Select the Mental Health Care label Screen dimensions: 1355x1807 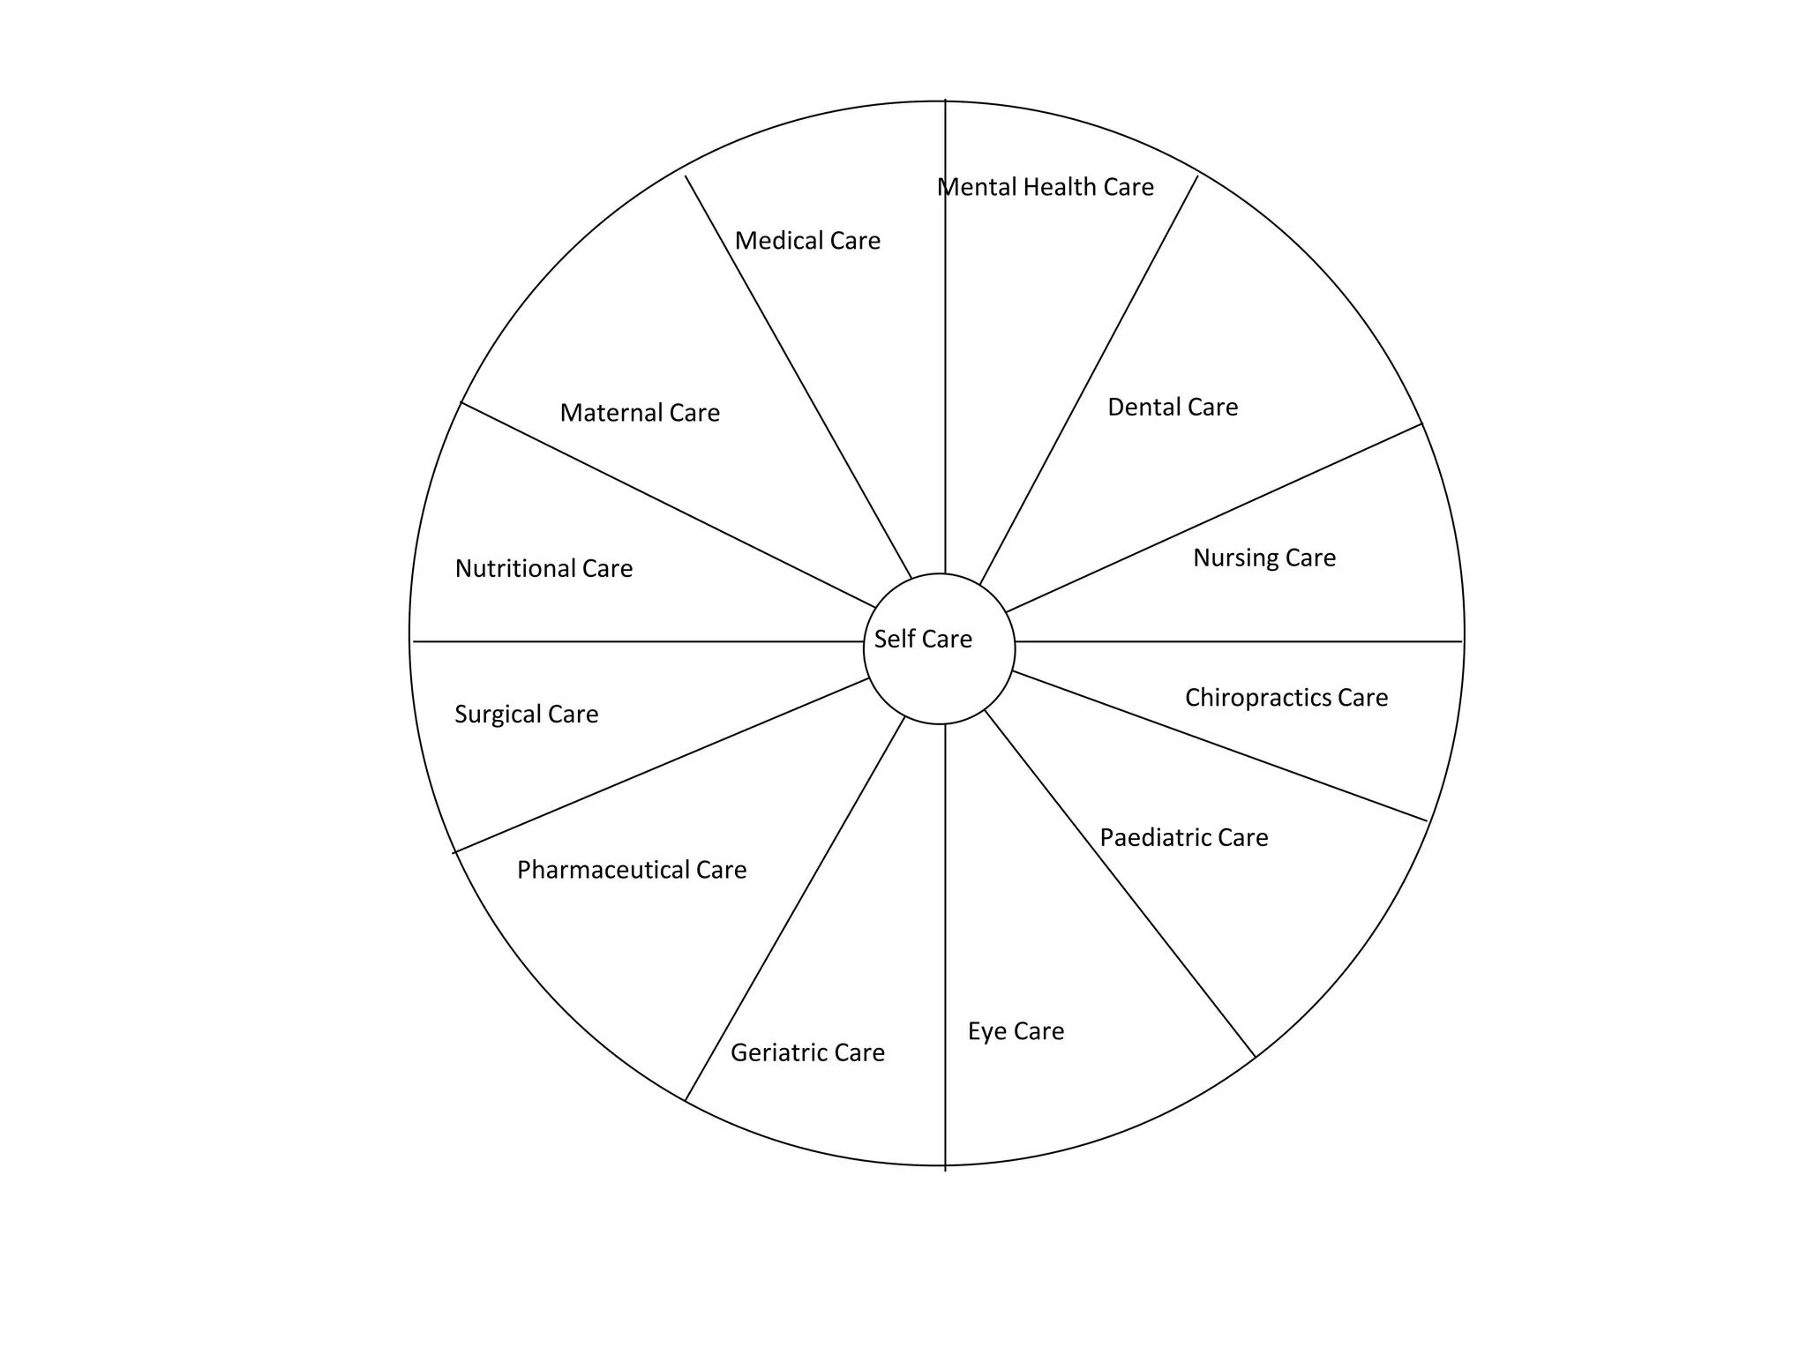[1045, 187]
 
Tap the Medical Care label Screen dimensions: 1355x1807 [807, 241]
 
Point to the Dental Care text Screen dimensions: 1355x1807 [1173, 408]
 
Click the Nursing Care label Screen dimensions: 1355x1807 [1264, 558]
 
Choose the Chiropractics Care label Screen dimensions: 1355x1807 [1286, 698]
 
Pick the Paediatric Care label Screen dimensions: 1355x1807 [1183, 837]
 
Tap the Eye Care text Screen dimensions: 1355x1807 [1016, 1031]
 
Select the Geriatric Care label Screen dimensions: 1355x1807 [807, 1052]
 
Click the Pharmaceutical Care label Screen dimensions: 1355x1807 [632, 870]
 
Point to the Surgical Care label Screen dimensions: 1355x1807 [526, 714]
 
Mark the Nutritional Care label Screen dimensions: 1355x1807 [544, 568]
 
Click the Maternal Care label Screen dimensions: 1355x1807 [640, 413]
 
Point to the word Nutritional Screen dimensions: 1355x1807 [516, 568]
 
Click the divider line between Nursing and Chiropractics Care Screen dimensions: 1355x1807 [1235, 641]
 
